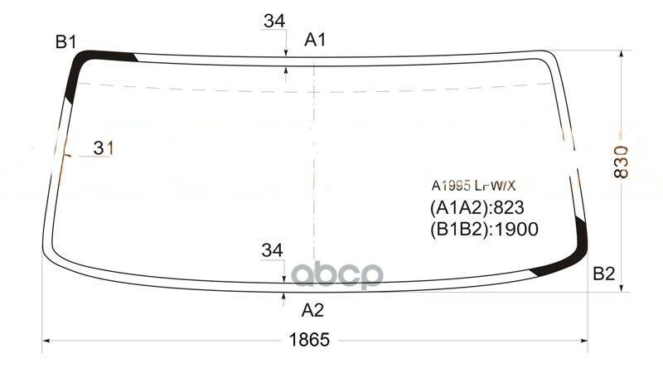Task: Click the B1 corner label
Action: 65,42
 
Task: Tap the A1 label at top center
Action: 315,40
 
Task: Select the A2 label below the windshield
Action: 312,310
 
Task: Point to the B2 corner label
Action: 603,274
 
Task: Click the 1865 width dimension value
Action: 309,340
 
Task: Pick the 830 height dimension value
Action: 621,162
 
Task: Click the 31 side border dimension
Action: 103,148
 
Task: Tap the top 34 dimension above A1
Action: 274,21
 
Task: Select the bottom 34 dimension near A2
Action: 272,250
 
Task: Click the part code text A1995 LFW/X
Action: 473,185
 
